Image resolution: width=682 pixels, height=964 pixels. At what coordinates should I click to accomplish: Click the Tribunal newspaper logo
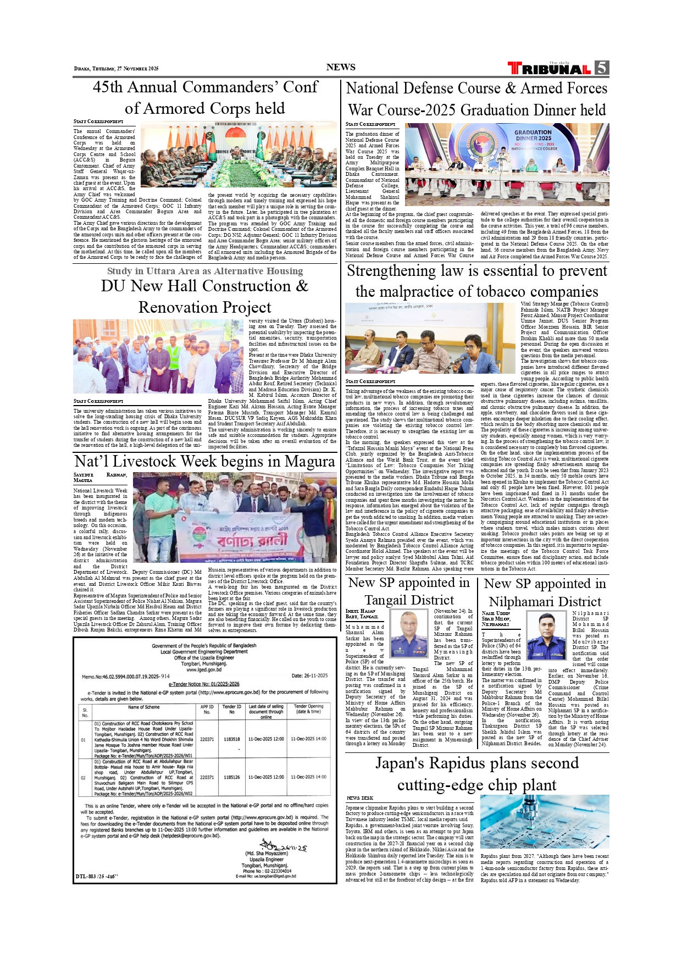coord(550,68)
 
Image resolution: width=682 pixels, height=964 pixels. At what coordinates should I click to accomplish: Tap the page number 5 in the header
coord(602,68)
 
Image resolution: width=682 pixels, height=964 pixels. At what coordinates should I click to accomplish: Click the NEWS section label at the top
coord(341,67)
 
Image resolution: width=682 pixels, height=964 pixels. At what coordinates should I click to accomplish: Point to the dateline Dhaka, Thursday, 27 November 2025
coord(116,69)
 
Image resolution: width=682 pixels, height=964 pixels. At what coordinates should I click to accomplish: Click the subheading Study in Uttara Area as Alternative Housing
coord(204,271)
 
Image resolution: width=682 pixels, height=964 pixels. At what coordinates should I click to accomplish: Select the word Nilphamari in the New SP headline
coord(528,601)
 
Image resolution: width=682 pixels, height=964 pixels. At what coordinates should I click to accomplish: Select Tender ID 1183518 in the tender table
coord(231,739)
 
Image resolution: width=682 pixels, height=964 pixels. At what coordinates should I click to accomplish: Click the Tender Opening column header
coord(308,709)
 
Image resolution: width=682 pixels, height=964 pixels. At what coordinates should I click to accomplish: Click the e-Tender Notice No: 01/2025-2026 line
coord(204,684)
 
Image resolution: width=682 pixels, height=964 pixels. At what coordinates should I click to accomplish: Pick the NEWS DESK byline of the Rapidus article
coord(360,798)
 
